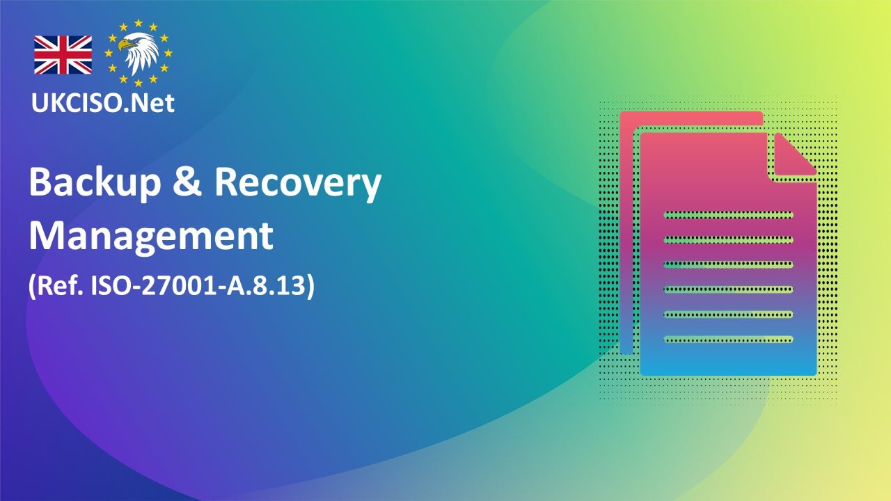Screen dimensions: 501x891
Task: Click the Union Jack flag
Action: click(x=63, y=55)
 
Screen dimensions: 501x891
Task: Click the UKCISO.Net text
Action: click(x=103, y=102)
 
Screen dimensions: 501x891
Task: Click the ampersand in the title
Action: click(x=189, y=183)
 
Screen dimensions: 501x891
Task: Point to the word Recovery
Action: click(x=297, y=183)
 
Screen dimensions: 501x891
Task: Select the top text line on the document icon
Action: click(x=728, y=214)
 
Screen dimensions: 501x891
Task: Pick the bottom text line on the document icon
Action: click(x=728, y=340)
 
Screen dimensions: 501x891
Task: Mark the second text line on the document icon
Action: click(x=728, y=239)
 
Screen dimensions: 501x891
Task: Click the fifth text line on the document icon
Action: click(x=728, y=315)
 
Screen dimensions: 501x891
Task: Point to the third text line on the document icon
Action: click(x=728, y=264)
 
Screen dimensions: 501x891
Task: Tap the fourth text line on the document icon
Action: click(x=728, y=289)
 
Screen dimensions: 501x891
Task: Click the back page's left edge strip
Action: click(x=626, y=237)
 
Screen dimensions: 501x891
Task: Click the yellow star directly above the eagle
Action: click(x=139, y=24)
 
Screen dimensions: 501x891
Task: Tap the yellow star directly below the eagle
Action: click(x=139, y=83)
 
